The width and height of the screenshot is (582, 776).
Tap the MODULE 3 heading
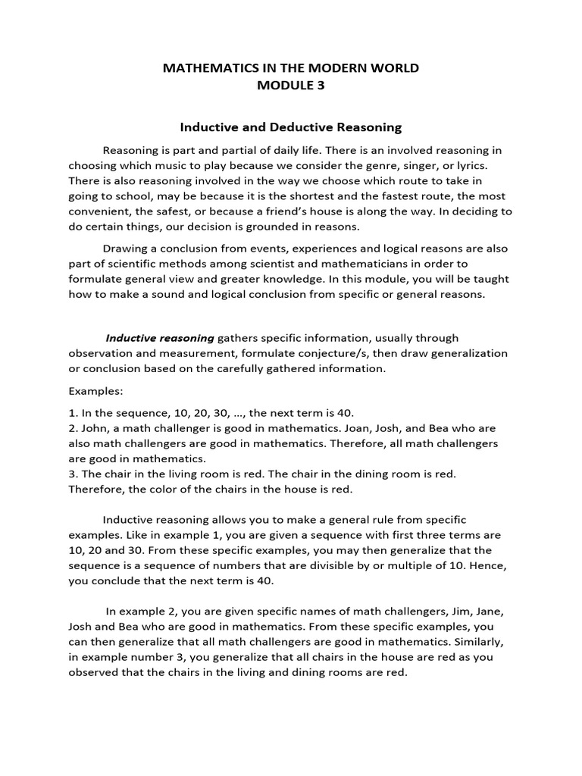click(x=291, y=86)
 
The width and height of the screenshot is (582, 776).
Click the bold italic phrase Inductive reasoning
click(x=160, y=338)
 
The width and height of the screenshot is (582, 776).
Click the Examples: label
click(x=95, y=392)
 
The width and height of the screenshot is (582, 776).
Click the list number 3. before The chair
click(x=73, y=474)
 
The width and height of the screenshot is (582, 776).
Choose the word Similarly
click(x=468, y=641)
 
